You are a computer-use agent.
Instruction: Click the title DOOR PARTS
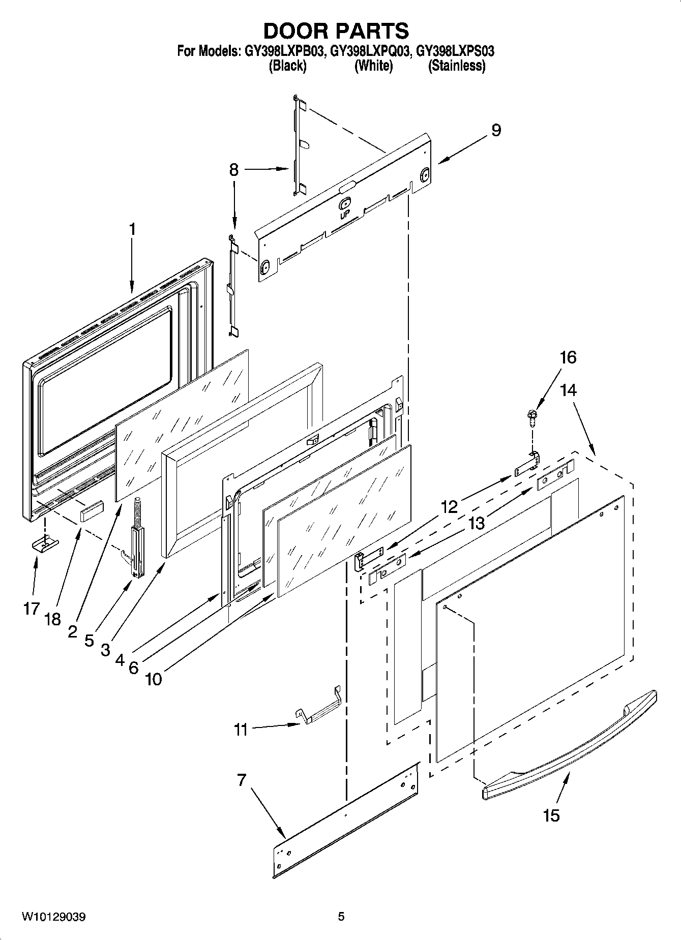pyautogui.click(x=336, y=31)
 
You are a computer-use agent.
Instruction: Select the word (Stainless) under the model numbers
pyautogui.click(x=456, y=66)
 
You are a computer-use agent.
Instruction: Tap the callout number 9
pyautogui.click(x=496, y=130)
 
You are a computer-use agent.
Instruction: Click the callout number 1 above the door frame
pyautogui.click(x=132, y=230)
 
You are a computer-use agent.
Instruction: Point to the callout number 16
pyautogui.click(x=568, y=357)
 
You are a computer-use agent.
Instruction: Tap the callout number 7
pyautogui.click(x=241, y=779)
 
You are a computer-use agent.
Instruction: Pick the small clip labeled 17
pyautogui.click(x=45, y=544)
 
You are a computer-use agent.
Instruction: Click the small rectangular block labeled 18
pyautogui.click(x=92, y=510)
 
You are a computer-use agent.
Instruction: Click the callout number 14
pyautogui.click(x=568, y=390)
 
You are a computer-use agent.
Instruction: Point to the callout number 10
pyautogui.click(x=154, y=679)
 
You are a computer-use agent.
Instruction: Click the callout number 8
pyautogui.click(x=233, y=170)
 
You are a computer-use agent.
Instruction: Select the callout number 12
pyautogui.click(x=449, y=507)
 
